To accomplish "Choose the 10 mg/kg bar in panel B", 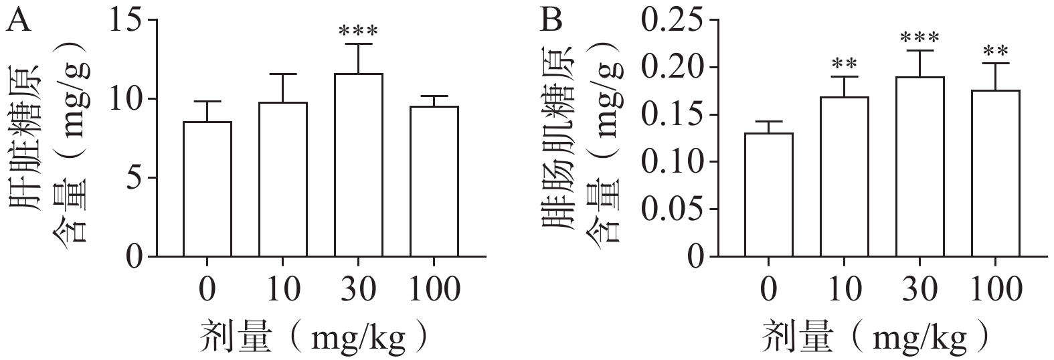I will [x=844, y=177].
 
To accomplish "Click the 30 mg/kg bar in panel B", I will [x=919, y=167].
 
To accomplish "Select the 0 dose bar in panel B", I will [x=768, y=194].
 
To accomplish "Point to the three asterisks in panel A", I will [x=358, y=32].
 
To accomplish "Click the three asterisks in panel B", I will [x=919, y=38].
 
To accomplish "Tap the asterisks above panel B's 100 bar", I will [x=995, y=52].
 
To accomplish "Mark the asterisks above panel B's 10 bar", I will [x=844, y=65].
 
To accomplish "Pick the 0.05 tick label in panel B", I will [x=675, y=209].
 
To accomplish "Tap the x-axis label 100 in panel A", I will [x=434, y=290].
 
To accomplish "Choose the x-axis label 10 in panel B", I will [x=844, y=290].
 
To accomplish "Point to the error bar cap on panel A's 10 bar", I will [x=282, y=74].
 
